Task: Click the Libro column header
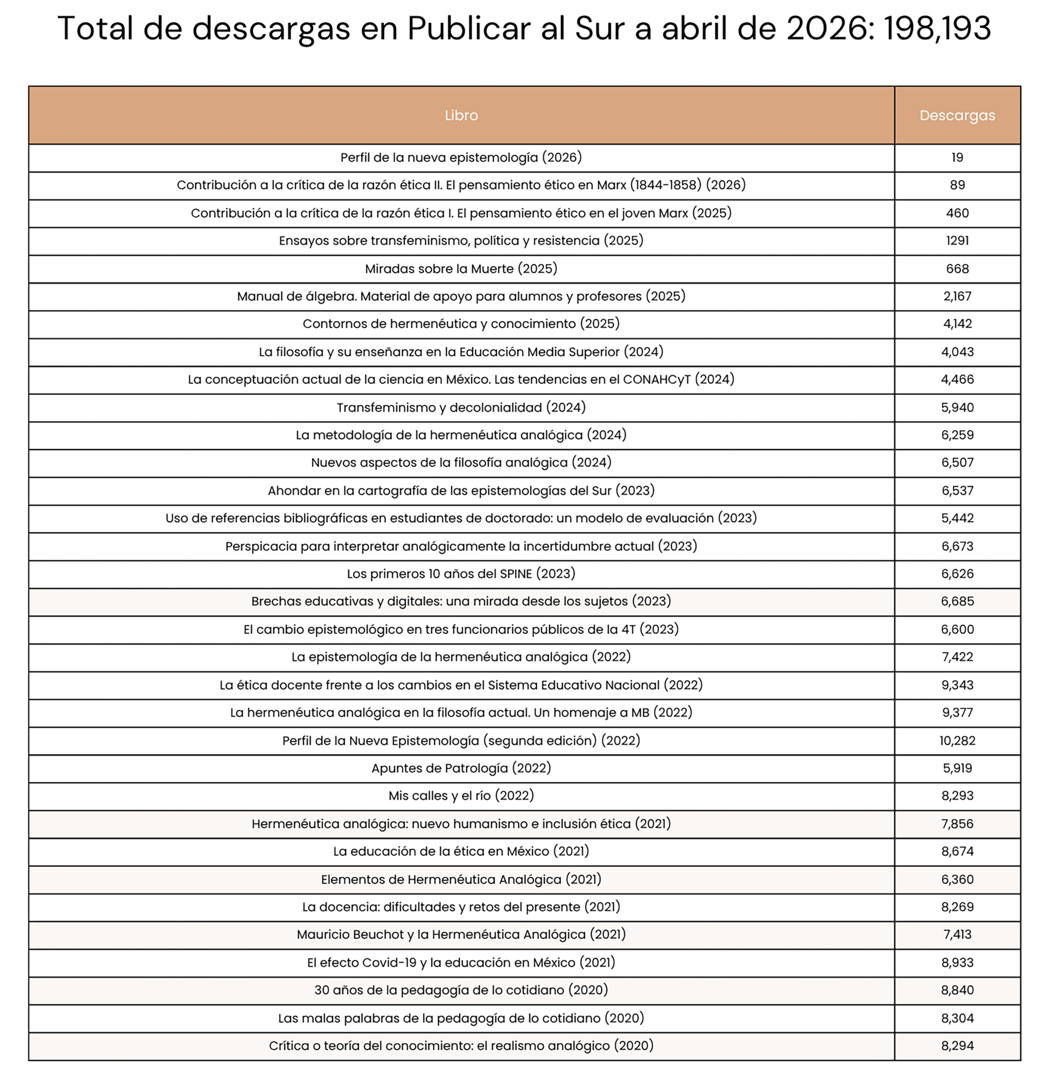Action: (461, 115)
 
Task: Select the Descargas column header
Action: (957, 115)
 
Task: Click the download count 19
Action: (957, 158)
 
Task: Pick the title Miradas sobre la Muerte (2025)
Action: (461, 269)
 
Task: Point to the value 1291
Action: (957, 241)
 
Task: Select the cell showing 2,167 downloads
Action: (957, 296)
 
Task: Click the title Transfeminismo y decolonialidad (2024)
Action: (461, 408)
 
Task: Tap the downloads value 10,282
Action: (957, 741)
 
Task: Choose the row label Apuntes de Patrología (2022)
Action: (461, 768)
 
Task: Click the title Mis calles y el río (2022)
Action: (461, 796)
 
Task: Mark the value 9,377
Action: (957, 712)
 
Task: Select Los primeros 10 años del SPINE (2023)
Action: (461, 574)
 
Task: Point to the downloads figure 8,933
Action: (957, 963)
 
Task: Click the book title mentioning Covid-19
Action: (461, 963)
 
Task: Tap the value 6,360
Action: (957, 879)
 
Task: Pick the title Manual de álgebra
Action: (461, 296)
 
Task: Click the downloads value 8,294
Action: (957, 1046)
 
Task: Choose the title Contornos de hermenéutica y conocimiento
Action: (461, 324)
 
